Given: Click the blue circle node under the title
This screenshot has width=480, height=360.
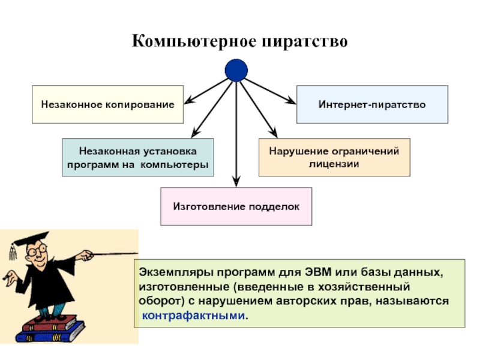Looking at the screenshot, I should click(236, 71).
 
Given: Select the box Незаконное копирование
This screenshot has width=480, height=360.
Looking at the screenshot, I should click(107, 104).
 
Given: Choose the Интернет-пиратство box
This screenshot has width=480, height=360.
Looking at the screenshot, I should click(372, 104).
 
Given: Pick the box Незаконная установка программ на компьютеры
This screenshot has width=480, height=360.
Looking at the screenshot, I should click(137, 157).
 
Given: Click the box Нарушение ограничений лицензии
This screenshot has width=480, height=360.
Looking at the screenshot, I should click(334, 157).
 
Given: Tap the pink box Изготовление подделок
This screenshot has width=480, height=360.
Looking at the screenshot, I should click(236, 206).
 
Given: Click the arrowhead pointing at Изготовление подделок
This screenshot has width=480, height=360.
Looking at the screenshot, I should click(236, 181).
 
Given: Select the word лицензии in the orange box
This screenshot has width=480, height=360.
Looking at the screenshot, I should click(334, 163).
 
